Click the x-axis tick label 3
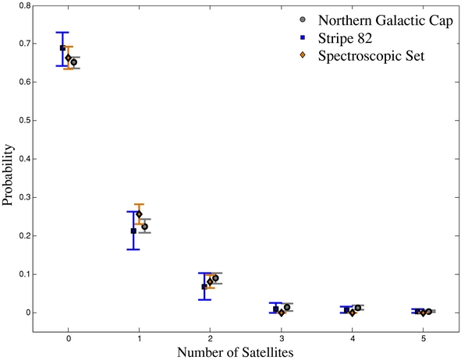(x=281, y=339)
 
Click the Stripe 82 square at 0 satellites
(x=63, y=48)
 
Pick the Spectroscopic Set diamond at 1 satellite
(x=139, y=214)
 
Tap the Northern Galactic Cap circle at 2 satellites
(x=215, y=278)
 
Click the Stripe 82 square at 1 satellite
(x=133, y=231)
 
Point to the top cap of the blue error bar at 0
(x=62, y=33)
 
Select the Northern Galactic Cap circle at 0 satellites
(x=73, y=62)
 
